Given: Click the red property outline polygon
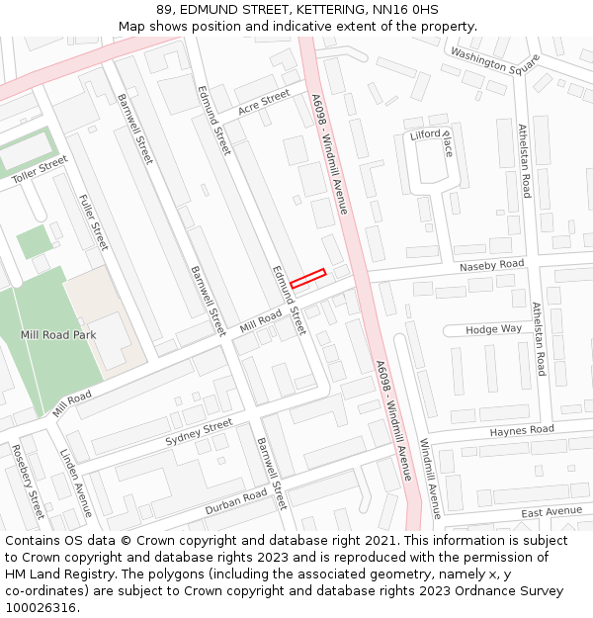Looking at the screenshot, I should coord(307,279).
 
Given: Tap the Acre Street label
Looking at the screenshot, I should coord(264,102).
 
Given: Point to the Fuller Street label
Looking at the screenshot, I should coord(93,221).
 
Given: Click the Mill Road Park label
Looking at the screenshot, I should coord(58,335).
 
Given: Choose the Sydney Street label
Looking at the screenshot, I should coord(199,432).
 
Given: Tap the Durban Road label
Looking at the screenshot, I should coord(235,500).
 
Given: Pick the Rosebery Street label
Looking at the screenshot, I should coord(29,482).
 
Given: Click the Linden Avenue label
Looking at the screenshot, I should coord(76,483).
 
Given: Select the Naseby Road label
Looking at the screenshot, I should coord(491,266).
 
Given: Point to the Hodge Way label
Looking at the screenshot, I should coord(494,329).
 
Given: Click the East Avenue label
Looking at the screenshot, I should coord(551,512).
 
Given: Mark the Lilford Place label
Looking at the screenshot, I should coord(432,141).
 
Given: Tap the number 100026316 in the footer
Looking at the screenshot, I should coord(40,608).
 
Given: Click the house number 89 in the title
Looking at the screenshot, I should coord(163,10).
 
